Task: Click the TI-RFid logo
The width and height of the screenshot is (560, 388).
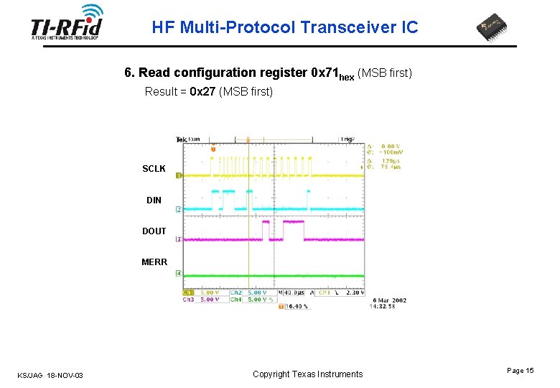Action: [x=67, y=24]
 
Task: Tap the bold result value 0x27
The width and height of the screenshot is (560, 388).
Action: [x=203, y=92]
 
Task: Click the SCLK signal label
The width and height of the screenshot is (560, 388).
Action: [x=154, y=169]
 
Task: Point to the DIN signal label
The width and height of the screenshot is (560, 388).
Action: [x=154, y=200]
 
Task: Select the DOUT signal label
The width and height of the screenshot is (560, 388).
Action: [x=154, y=231]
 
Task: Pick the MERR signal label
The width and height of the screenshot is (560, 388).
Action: [x=154, y=262]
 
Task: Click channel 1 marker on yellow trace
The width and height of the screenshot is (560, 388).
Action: [x=178, y=175]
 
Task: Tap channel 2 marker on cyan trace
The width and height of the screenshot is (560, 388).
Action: [x=178, y=209]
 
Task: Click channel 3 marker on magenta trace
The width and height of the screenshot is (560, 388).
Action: [x=178, y=239]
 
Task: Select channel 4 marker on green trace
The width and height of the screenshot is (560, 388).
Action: [x=178, y=274]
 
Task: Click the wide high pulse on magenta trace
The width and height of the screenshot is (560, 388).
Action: [x=293, y=230]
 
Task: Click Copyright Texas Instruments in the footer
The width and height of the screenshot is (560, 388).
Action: [x=308, y=374]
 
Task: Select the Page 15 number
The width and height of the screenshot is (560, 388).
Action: [x=520, y=370]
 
